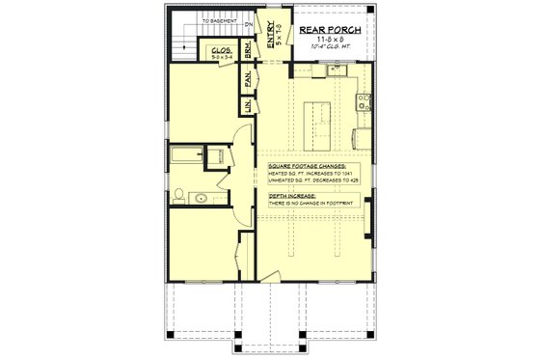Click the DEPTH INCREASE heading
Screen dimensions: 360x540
coord(293,195)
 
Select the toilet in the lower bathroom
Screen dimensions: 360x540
coord(215,155)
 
